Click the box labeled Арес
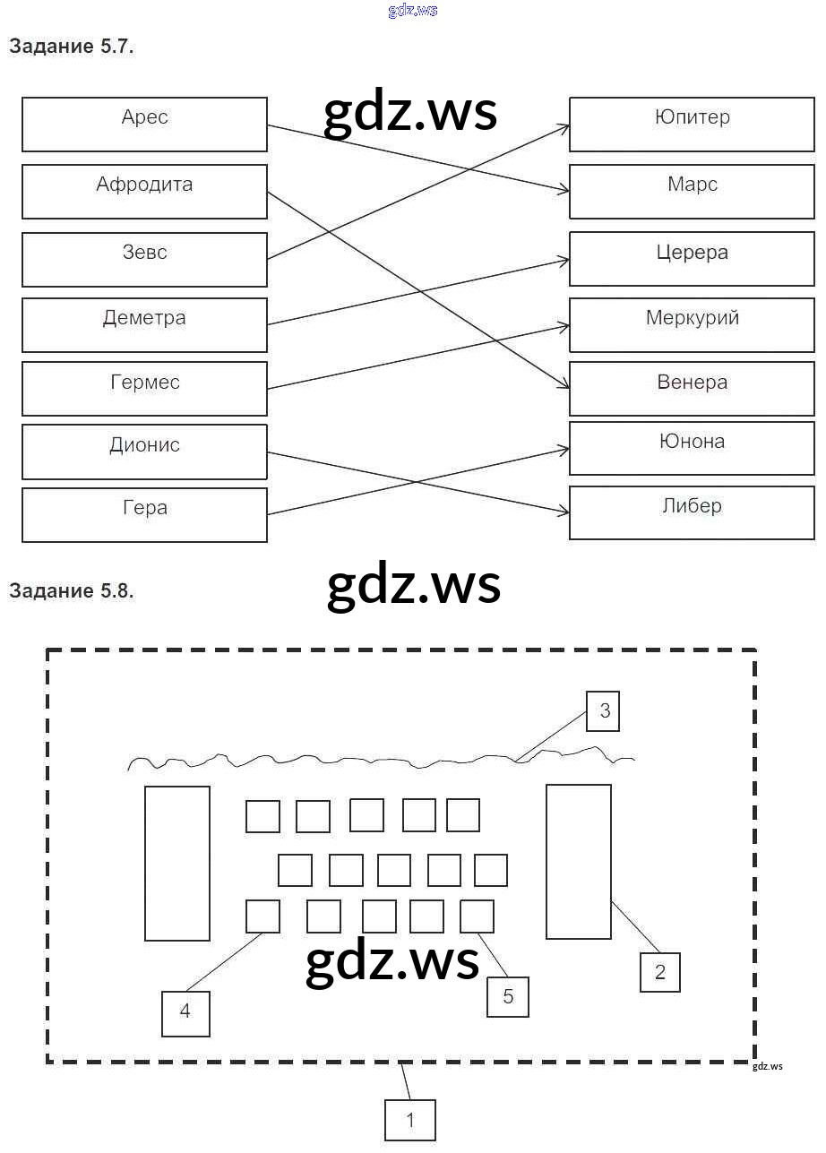click(x=144, y=125)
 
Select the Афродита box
click(x=144, y=191)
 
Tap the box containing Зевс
click(x=144, y=259)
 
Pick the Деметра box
click(x=144, y=324)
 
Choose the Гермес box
click(x=144, y=388)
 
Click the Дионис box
click(x=144, y=452)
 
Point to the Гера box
click(x=144, y=514)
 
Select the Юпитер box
click(x=692, y=125)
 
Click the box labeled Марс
click(x=692, y=191)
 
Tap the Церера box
click(x=692, y=259)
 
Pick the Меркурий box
click(x=692, y=324)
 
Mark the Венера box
click(x=692, y=388)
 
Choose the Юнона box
click(x=692, y=448)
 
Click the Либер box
click(x=692, y=512)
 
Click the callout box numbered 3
click(x=604, y=711)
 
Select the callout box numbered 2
click(x=660, y=972)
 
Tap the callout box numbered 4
click(x=185, y=1012)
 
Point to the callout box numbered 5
click(x=508, y=996)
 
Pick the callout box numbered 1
click(x=410, y=1120)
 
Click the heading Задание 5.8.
click(x=72, y=590)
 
